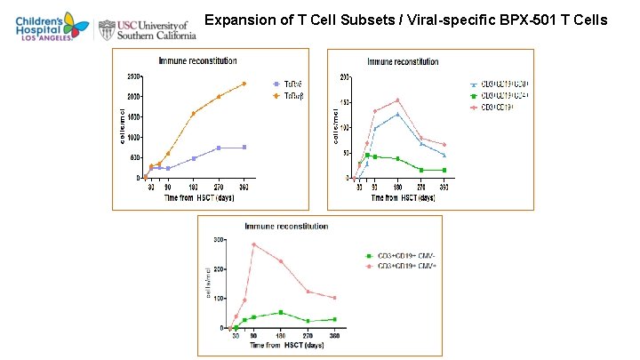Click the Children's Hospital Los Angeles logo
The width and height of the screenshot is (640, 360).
pyautogui.click(x=44, y=28)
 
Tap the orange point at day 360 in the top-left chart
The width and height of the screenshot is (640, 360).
pyautogui.click(x=244, y=84)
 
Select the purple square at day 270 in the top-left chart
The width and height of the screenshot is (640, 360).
pyautogui.click(x=219, y=148)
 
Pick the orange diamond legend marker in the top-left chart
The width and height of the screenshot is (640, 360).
pyautogui.click(x=276, y=95)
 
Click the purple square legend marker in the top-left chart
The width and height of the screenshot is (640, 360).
pyautogui.click(x=276, y=84)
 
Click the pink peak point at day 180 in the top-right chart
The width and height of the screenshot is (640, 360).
pyautogui.click(x=397, y=100)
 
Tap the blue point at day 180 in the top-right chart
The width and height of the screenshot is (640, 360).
pyautogui.click(x=397, y=114)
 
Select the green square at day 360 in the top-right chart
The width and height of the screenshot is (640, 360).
pyautogui.click(x=444, y=170)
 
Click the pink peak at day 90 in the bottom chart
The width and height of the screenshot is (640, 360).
pyautogui.click(x=253, y=244)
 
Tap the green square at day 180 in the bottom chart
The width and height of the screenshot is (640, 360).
pyautogui.click(x=281, y=312)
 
